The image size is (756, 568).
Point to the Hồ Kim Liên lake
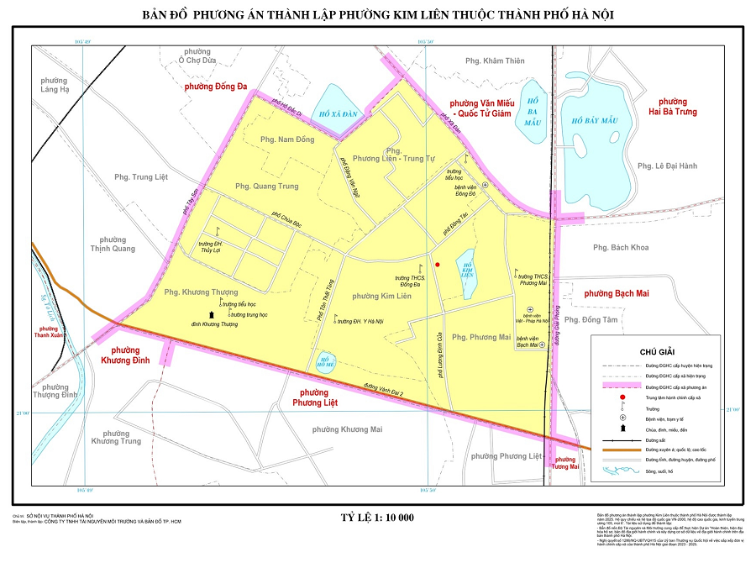tap(468, 271)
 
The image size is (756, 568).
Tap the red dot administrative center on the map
tap(438, 265)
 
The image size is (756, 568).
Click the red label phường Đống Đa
tap(216, 86)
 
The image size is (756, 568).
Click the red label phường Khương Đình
tap(125, 355)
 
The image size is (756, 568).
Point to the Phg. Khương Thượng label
tap(201, 292)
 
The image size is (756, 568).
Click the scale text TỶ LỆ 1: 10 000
tap(377, 517)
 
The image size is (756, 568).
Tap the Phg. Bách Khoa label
tap(621, 247)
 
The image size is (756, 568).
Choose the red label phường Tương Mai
tap(565, 463)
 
